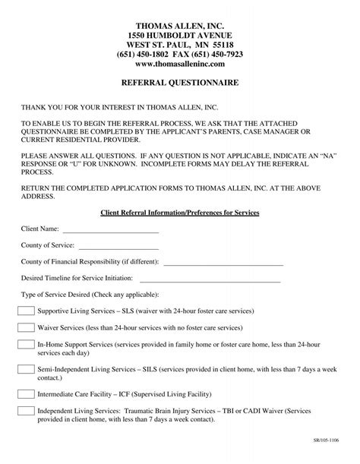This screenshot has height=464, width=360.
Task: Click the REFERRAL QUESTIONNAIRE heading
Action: click(180, 80)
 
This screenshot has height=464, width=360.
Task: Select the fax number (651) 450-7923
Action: click(216, 54)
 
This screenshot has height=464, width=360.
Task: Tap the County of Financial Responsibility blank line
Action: click(223, 263)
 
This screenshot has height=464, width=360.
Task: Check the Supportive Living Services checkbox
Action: click(26, 311)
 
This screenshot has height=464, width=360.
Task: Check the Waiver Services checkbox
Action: click(26, 327)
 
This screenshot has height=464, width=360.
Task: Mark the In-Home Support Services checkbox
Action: click(26, 344)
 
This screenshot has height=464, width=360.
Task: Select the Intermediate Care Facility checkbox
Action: click(26, 393)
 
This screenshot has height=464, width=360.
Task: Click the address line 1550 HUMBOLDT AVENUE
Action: click(180, 35)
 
